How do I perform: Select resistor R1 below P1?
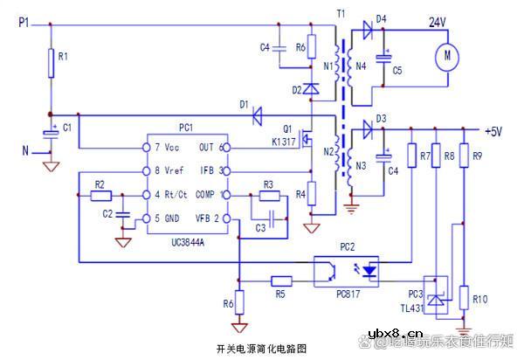[52, 63]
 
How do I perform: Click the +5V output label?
[493, 131]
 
